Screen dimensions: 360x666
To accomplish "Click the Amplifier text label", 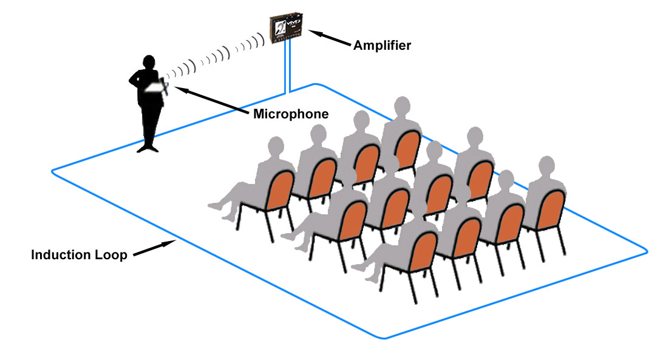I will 382,46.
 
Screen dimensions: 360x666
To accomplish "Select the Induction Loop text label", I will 79,254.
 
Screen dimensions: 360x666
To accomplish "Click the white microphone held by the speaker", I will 157,89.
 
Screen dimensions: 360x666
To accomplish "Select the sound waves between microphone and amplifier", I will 219,57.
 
